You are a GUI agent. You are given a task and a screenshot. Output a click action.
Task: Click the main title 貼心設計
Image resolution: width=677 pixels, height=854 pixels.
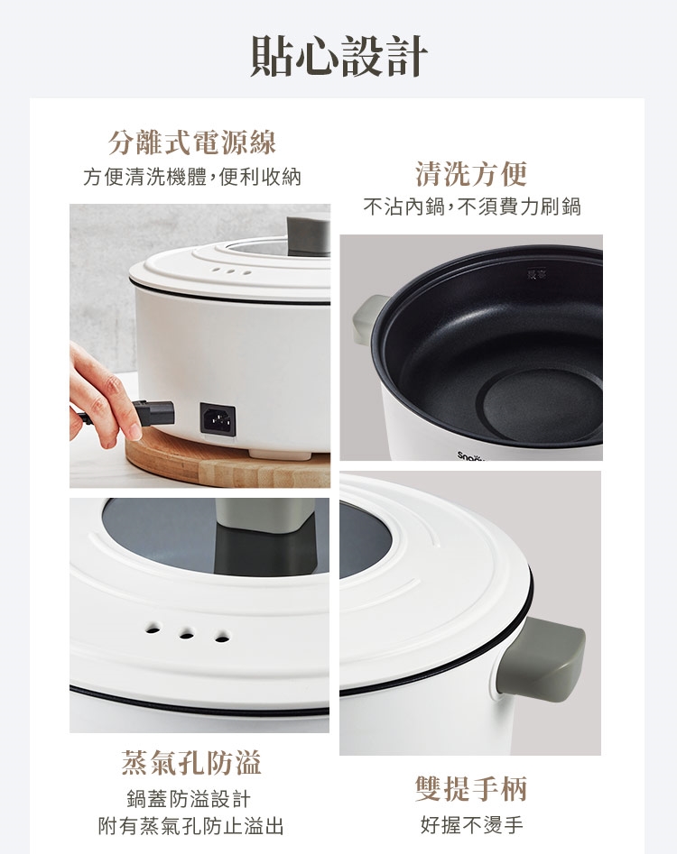click(338, 56)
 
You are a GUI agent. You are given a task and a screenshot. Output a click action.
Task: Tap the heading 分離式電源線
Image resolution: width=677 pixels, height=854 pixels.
click(192, 142)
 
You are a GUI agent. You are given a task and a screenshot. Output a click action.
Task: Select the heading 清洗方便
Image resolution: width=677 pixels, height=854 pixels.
click(471, 174)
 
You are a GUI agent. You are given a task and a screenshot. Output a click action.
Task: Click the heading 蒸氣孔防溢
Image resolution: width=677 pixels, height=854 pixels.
click(192, 763)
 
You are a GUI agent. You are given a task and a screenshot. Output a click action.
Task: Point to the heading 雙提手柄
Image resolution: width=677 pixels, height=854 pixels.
click(471, 789)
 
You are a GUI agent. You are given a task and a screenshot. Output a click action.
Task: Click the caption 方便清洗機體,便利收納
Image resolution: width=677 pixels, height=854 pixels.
click(192, 177)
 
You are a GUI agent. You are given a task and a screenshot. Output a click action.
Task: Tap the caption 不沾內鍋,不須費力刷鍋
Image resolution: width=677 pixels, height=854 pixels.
click(472, 207)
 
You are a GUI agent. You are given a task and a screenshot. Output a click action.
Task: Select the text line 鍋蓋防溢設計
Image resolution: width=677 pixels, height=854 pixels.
click(189, 799)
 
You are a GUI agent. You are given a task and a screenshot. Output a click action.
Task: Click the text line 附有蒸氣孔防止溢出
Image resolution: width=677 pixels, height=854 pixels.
click(191, 826)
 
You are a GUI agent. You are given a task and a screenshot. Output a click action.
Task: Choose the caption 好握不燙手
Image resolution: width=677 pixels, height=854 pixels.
click(472, 825)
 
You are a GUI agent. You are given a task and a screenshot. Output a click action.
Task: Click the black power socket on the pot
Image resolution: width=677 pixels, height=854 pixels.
click(218, 419)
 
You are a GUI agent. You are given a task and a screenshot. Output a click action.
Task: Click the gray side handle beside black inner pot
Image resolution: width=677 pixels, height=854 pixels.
click(368, 320)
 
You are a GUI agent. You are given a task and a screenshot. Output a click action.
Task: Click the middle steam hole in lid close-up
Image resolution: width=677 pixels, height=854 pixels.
click(187, 634)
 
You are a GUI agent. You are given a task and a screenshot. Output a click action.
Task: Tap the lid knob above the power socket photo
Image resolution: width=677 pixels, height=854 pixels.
click(309, 235)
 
